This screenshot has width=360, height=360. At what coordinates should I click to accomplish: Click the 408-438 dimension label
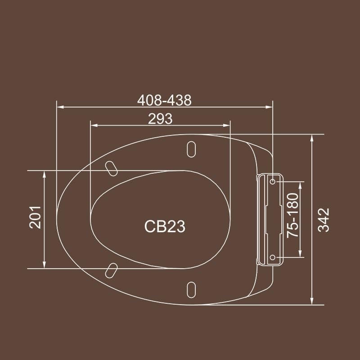click(164, 100)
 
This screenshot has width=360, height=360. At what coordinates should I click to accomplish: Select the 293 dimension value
click(160, 118)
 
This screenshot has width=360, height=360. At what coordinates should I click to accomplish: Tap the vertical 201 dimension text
click(36, 217)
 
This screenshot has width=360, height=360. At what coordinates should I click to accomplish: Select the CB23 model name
click(165, 226)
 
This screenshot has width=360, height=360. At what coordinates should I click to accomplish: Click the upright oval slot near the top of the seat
click(191, 150)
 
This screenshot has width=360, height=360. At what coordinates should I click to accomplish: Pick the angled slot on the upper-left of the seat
click(111, 168)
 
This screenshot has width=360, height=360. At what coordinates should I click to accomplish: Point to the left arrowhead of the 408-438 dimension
click(59, 107)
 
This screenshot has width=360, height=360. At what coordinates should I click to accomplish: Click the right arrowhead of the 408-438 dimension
click(270, 107)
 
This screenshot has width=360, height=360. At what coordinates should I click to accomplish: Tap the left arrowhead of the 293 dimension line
click(94, 126)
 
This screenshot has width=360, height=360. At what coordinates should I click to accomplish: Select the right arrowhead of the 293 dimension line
click(227, 126)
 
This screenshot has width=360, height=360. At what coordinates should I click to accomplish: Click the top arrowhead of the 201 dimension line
click(44, 174)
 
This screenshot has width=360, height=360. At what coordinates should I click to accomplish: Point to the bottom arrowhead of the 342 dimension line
click(311, 301)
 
